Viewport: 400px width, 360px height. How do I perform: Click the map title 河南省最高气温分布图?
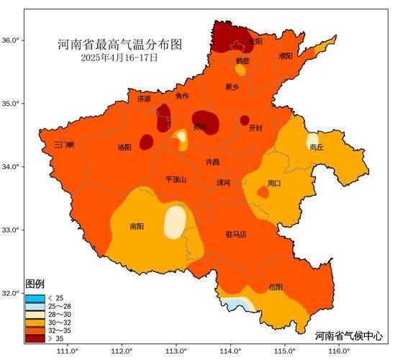click(119, 45)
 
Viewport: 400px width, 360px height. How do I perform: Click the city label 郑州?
click(199, 127)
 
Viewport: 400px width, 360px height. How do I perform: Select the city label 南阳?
click(137, 226)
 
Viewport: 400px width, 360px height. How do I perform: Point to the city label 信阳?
click(276, 287)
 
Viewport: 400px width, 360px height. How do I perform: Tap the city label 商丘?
click(317, 147)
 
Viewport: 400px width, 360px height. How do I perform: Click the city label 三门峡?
click(64, 145)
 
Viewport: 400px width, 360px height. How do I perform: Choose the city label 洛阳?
click(124, 148)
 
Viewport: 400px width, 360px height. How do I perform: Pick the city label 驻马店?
click(235, 234)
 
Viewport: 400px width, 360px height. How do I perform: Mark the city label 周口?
click(274, 184)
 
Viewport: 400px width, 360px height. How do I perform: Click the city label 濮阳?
click(286, 55)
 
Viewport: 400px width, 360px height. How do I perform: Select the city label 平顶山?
click(176, 180)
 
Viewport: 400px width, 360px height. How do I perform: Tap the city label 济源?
click(144, 99)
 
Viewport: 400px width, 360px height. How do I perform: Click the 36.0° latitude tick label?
click(11, 40)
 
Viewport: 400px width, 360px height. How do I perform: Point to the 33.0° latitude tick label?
click(11, 230)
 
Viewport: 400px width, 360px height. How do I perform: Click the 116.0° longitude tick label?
click(339, 351)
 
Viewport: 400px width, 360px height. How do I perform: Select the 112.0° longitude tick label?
click(121, 351)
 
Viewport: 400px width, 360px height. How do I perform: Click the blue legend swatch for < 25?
click(35, 298)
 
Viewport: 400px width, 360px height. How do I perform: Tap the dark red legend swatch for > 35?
click(35, 338)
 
